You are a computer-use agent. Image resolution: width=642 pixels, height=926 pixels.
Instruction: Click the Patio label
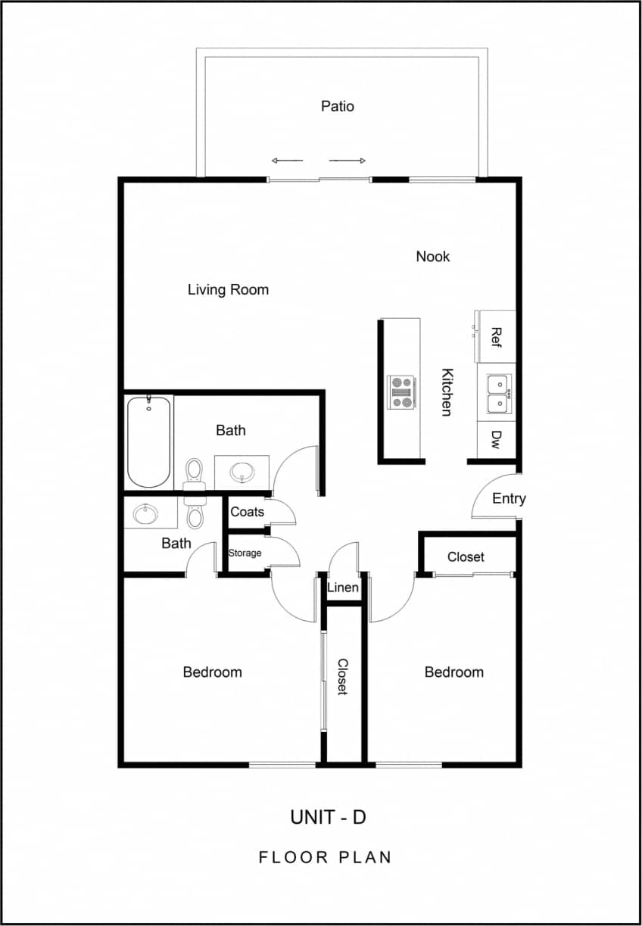(x=337, y=107)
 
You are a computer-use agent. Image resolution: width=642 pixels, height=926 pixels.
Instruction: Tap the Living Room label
(x=228, y=289)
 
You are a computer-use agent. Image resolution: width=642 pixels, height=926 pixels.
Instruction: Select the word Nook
(x=433, y=257)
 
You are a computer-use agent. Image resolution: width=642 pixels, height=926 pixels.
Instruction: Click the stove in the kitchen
(x=401, y=392)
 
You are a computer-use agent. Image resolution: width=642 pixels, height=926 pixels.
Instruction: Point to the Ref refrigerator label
(x=497, y=336)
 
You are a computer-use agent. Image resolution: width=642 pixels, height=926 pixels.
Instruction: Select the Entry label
(x=509, y=498)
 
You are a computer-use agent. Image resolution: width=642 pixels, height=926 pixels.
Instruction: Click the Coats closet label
(x=248, y=512)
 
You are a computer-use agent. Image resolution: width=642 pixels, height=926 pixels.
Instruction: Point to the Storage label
(x=245, y=553)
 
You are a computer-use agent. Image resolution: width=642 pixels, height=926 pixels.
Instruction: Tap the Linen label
(x=343, y=588)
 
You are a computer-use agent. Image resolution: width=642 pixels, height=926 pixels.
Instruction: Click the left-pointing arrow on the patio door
(x=287, y=161)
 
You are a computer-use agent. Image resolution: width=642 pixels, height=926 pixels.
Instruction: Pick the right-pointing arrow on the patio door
(x=347, y=161)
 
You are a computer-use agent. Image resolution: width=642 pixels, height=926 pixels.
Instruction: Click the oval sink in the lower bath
(x=145, y=515)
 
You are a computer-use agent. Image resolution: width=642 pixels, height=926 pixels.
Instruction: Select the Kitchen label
(x=447, y=391)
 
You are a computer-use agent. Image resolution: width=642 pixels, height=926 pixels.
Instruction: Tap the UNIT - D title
(x=329, y=817)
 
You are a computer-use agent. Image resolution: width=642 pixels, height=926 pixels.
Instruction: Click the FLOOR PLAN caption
(x=326, y=857)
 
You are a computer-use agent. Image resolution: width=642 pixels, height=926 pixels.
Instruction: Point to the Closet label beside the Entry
(x=466, y=557)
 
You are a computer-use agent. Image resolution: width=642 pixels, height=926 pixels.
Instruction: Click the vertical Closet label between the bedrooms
(x=342, y=676)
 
